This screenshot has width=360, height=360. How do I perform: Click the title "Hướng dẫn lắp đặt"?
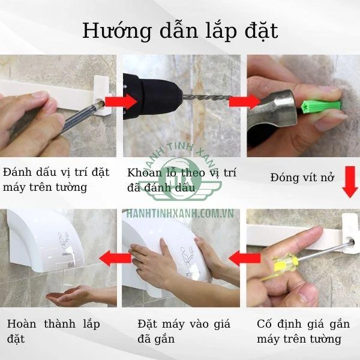click(180, 30)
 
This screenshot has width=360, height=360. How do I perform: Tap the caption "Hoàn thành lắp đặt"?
click(53, 331)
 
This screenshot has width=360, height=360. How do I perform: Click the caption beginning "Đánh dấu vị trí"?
click(56, 179)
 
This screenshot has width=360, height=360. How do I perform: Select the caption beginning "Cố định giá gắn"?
click(303, 331)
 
